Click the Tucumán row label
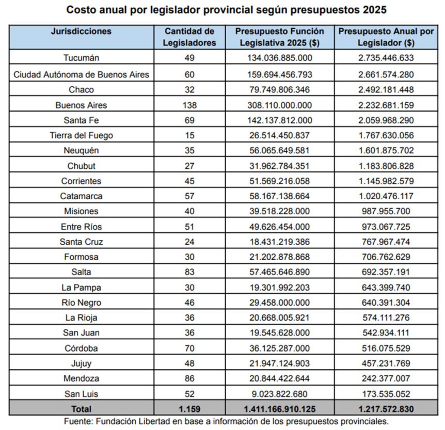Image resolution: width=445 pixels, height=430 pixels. [81, 58]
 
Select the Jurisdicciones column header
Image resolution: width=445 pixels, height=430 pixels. [81, 31]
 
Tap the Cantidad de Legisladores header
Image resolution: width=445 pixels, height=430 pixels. [189, 37]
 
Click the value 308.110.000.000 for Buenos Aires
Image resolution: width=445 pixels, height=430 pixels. [279, 105]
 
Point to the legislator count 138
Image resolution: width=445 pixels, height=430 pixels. [189, 105]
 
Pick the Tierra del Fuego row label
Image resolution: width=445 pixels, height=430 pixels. [81, 135]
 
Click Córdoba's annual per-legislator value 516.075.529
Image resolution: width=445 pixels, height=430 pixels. [386, 348]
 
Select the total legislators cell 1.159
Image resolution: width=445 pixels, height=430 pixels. [189, 409]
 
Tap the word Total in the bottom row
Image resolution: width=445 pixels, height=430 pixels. [81, 409]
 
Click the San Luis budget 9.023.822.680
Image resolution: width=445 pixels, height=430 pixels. [279, 394]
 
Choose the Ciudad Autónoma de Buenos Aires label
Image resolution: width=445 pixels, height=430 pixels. [81, 74]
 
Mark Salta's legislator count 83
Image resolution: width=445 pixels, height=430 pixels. [189, 272]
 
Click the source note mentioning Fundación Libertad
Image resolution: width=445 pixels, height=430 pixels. [223, 421]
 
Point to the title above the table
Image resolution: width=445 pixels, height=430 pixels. [223, 10]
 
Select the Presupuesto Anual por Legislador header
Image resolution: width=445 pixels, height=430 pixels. [386, 37]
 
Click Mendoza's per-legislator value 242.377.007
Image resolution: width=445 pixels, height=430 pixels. [386, 378]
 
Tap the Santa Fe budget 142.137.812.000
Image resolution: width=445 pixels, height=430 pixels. [279, 120]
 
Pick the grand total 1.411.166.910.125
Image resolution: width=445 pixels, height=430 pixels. [279, 409]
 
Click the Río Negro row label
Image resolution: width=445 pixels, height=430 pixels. [81, 302]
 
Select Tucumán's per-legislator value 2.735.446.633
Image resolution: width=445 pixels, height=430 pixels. [386, 58]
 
